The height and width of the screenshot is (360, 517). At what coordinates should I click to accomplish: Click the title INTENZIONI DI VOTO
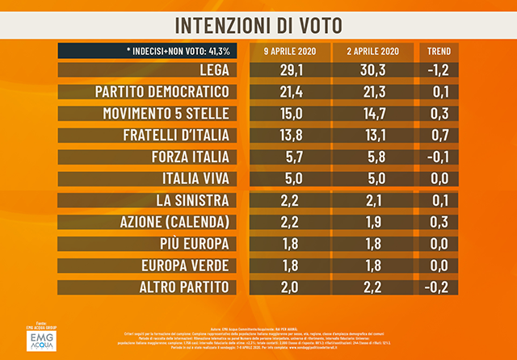pyautogui.click(x=258, y=21)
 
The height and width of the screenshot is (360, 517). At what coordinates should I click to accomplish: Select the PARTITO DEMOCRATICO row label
pyautogui.click(x=164, y=90)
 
